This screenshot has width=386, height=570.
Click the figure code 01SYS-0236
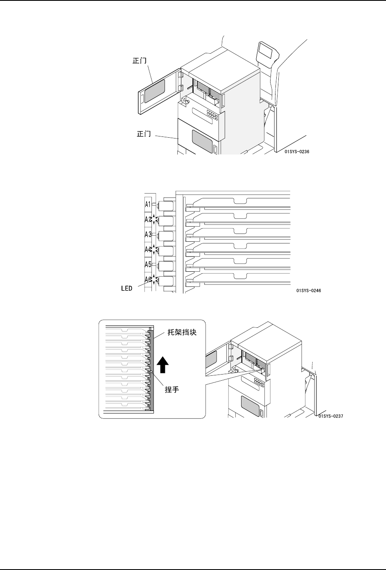coord(297,152)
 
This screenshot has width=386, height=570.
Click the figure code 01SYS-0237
coord(330,416)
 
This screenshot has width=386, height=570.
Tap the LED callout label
coord(126,288)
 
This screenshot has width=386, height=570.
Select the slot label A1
coord(149,204)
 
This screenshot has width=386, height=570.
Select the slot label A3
coord(148,234)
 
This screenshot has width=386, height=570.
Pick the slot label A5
coord(148,264)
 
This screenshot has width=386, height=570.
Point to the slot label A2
coord(148,219)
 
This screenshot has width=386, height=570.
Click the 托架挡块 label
coord(183,333)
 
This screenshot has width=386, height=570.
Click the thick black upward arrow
coord(163,364)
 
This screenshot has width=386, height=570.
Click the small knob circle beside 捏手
coord(151,372)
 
